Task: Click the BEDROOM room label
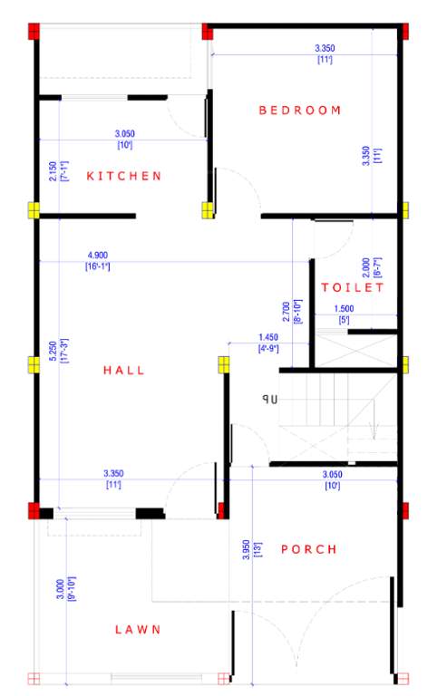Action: tap(300, 111)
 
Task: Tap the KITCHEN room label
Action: tap(124, 176)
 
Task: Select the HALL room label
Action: tap(124, 370)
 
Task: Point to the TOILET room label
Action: tap(353, 287)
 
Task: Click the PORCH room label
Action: tap(308, 549)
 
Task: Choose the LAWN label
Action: tap(138, 629)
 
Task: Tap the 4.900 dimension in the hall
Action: tap(97, 256)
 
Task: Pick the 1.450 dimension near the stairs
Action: tap(267, 337)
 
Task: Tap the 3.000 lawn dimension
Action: tap(60, 591)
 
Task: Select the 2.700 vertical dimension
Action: tap(286, 311)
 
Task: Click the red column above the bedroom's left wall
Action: tap(207, 33)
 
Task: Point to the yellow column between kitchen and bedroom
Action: tap(208, 210)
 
